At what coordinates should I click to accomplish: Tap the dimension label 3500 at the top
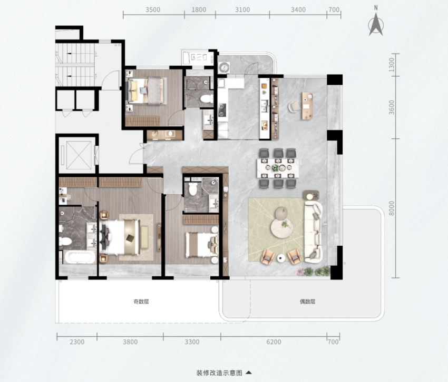tap(153, 9)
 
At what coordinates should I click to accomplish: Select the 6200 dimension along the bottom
tap(274, 342)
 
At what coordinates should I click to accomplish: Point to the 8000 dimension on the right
tap(392, 208)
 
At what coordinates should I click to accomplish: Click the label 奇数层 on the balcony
tap(141, 301)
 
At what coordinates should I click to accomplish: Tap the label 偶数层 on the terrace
tap(307, 301)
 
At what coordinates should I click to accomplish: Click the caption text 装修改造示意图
tap(219, 373)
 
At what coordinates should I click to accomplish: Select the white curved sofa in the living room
tap(314, 232)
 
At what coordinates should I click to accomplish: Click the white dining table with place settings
tap(278, 168)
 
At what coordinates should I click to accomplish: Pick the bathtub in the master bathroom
tap(80, 257)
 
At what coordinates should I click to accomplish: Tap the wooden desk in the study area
tap(307, 106)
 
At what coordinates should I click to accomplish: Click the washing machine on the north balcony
tap(223, 68)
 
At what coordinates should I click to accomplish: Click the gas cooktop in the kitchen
tap(222, 110)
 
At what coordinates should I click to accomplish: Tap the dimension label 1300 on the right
tap(392, 65)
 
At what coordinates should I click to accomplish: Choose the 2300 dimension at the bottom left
tap(77, 342)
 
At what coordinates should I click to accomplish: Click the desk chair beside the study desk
tap(294, 107)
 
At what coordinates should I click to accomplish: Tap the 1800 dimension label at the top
tap(199, 9)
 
